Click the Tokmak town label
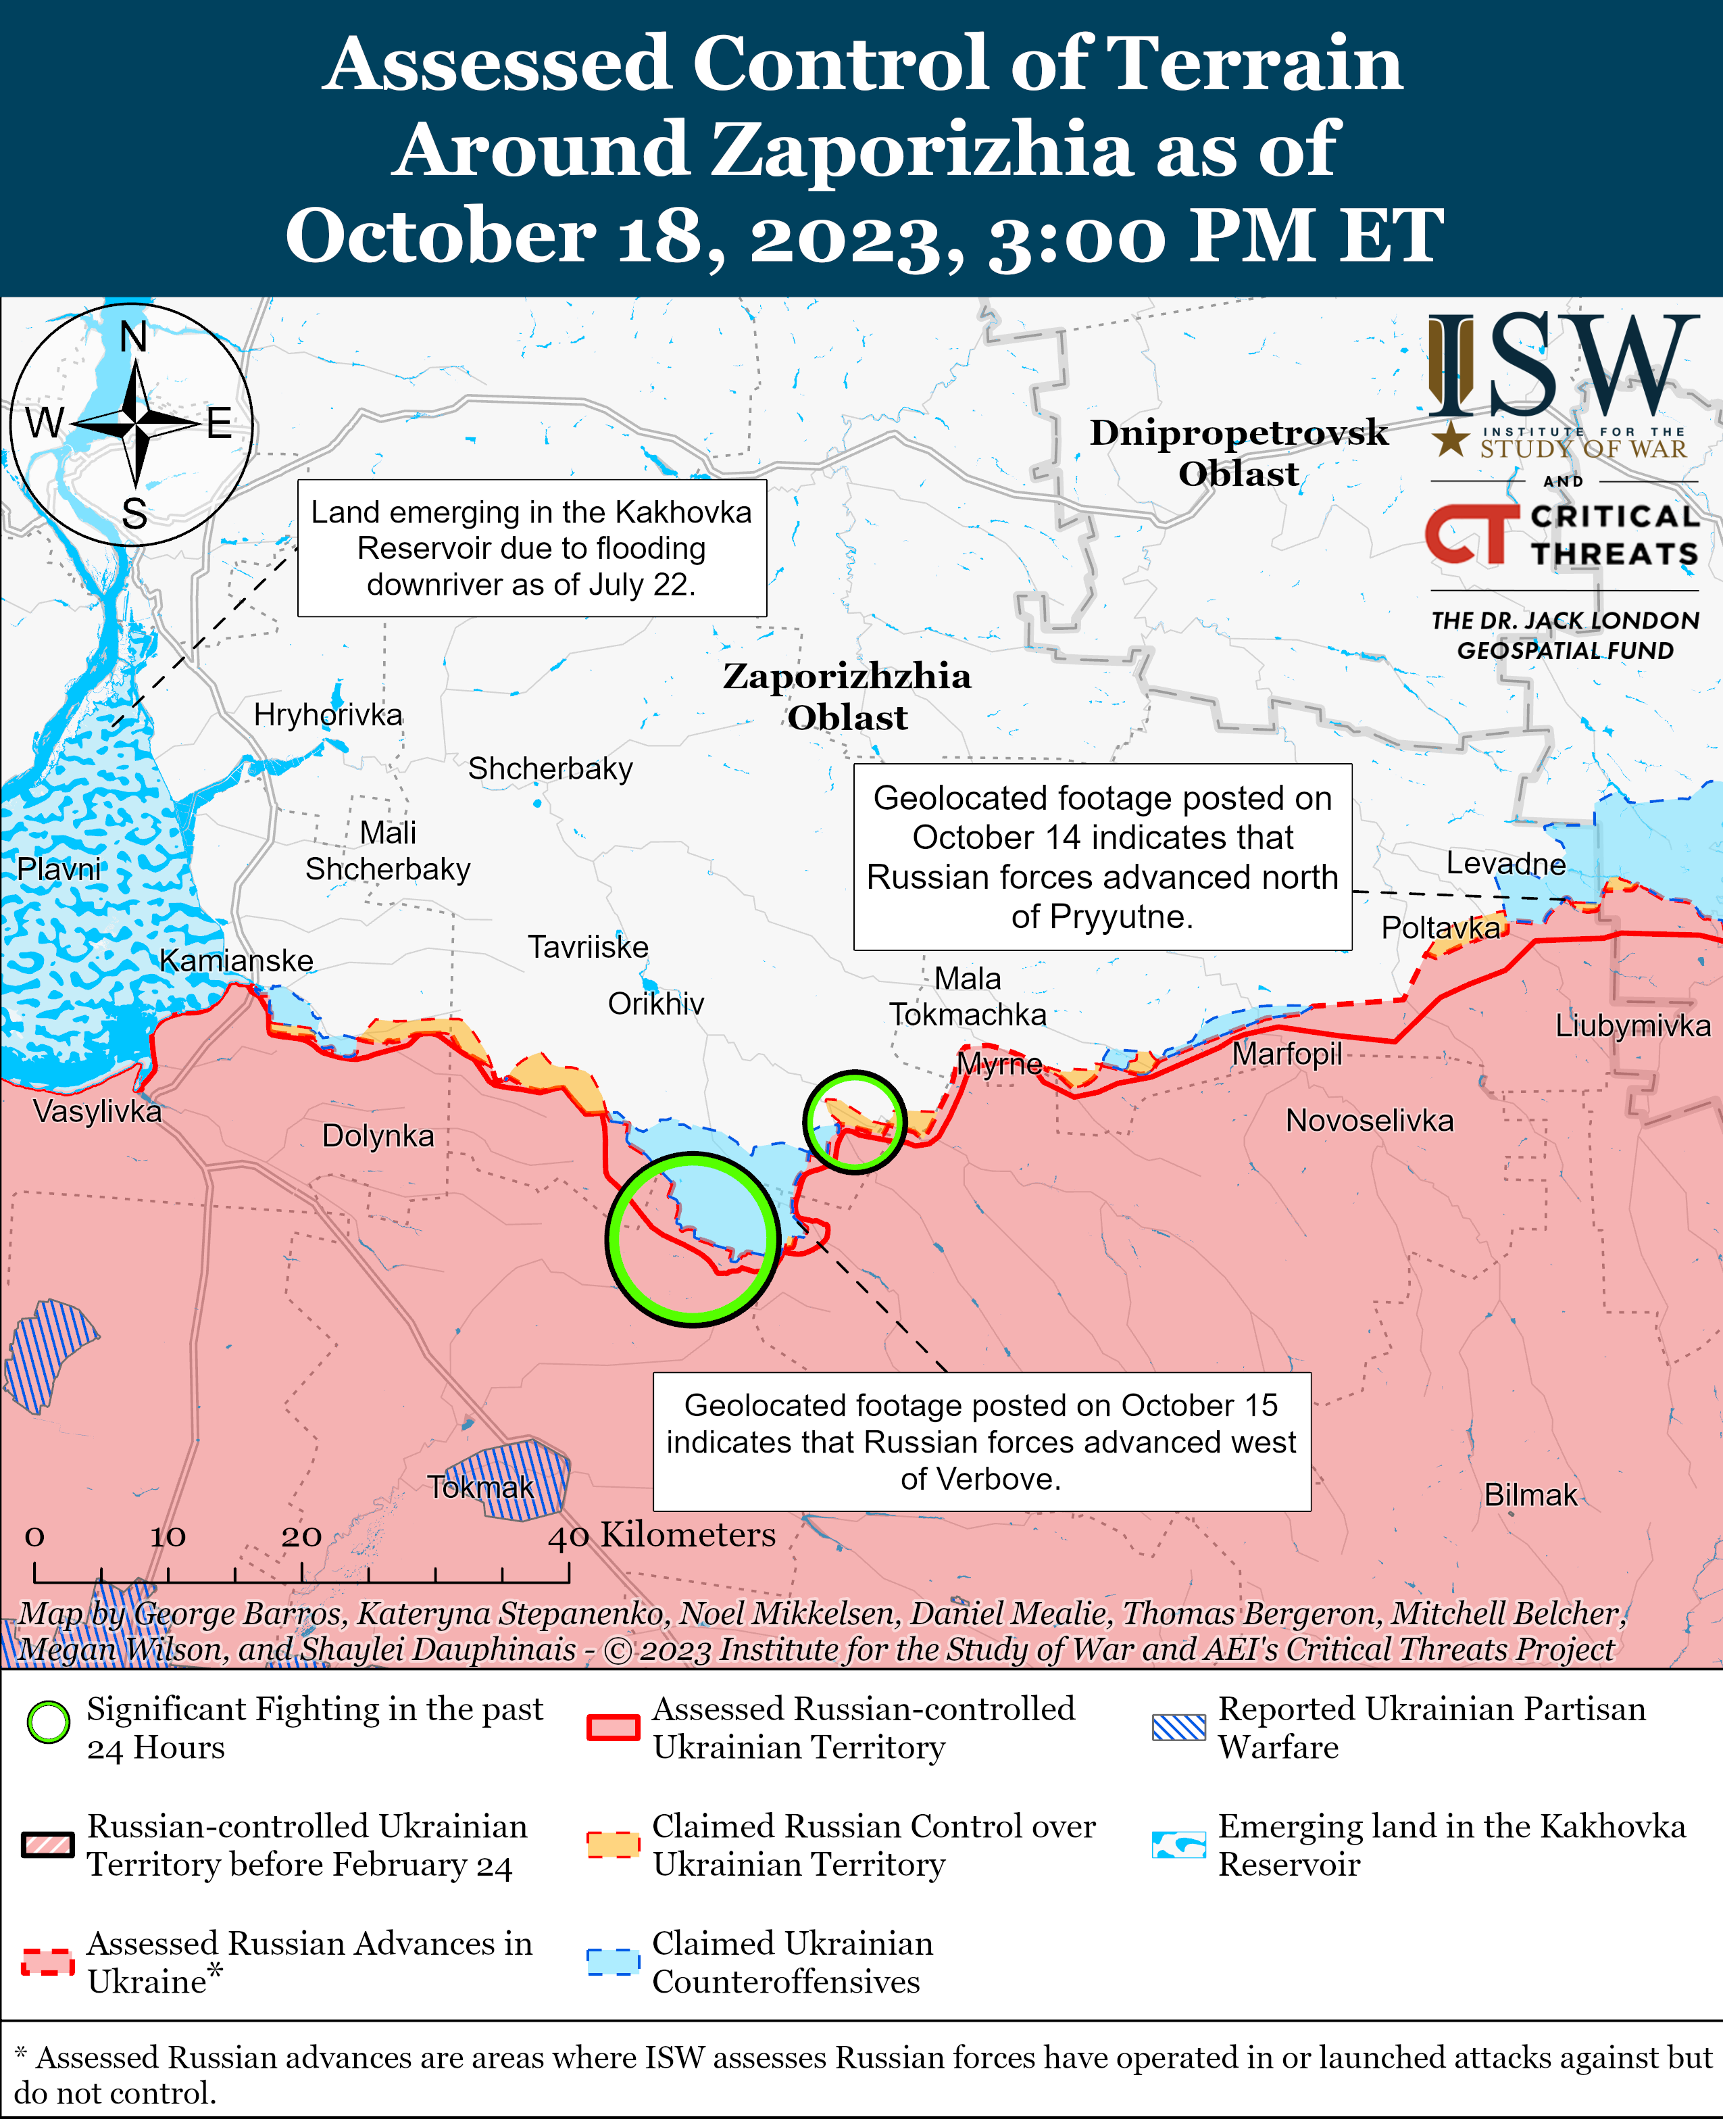tap(480, 1486)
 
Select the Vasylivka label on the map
tap(97, 1110)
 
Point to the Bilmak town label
tap(1530, 1494)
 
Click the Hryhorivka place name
tap(328, 714)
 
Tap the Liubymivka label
tap(1632, 1025)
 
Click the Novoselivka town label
tap(1369, 1120)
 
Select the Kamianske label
tap(236, 960)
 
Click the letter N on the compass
tap(133, 337)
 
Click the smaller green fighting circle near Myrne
tap(855, 1122)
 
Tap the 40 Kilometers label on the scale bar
tap(663, 1534)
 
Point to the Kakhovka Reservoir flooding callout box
tap(531, 548)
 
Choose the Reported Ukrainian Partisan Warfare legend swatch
tap(1178, 1727)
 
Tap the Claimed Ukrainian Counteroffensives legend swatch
tap(612, 1961)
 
